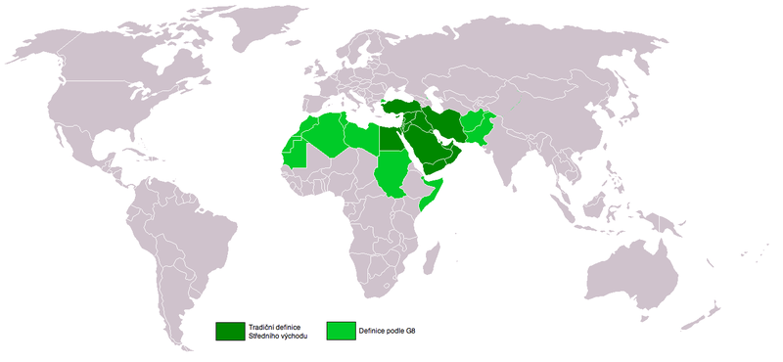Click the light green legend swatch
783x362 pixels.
click(x=342, y=331)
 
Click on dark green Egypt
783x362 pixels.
click(x=391, y=140)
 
